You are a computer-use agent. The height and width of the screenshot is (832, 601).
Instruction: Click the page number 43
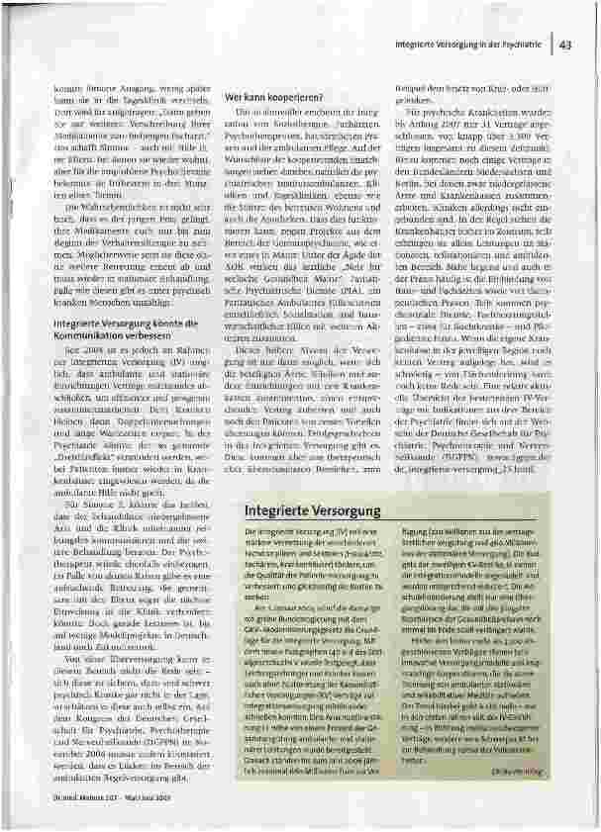(565, 44)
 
